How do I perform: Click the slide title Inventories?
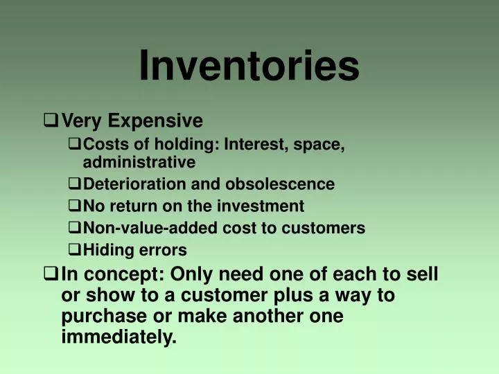pyautogui.click(x=249, y=66)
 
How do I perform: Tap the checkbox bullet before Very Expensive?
pyautogui.click(x=50, y=121)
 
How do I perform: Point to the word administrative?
pyautogui.click(x=139, y=163)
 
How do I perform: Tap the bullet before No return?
pyautogui.click(x=75, y=206)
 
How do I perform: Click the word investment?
pyautogui.click(x=261, y=206)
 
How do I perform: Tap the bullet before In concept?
pyautogui.click(x=50, y=274)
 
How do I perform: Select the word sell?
pyautogui.click(x=423, y=274)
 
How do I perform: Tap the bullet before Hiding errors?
pyautogui.click(x=75, y=249)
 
